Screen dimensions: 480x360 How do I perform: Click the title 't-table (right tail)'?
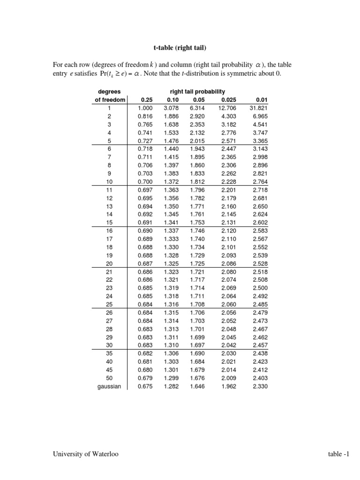[180, 47]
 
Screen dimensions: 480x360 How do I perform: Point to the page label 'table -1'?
[339, 454]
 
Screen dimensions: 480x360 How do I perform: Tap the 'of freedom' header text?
[110, 100]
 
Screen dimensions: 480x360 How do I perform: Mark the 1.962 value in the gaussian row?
[229, 386]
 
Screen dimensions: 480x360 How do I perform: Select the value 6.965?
[261, 116]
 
